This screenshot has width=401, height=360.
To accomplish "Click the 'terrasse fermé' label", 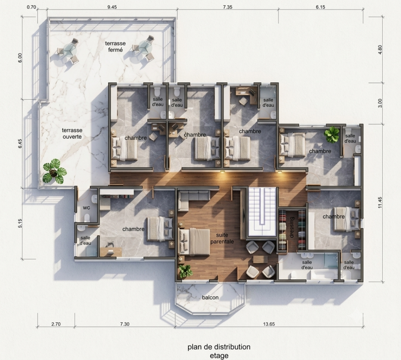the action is [116, 47].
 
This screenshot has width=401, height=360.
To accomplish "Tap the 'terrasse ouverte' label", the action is [72, 133].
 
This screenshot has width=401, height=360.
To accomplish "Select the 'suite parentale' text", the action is [222, 238].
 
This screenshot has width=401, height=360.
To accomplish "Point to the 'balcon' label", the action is [210, 297].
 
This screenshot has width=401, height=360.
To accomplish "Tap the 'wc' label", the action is [87, 208].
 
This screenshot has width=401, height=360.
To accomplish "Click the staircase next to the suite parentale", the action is [262, 212].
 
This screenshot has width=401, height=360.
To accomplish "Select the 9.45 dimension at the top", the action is [112, 7].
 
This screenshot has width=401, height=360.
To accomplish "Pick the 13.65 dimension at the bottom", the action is [269, 324].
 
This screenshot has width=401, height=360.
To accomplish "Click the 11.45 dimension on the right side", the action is [380, 202].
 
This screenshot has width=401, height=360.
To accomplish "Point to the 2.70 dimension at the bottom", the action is [56, 324].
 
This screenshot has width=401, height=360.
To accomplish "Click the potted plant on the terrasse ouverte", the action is [54, 172].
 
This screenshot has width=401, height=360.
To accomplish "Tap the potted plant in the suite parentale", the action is [186, 271].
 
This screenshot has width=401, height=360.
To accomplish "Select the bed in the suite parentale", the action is [194, 242].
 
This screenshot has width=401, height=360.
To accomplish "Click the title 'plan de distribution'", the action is [219, 347].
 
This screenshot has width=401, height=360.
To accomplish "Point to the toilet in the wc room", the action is [87, 218].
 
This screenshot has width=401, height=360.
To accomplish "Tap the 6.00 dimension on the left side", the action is [20, 58].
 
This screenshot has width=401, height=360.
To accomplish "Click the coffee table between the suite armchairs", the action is [260, 259].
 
